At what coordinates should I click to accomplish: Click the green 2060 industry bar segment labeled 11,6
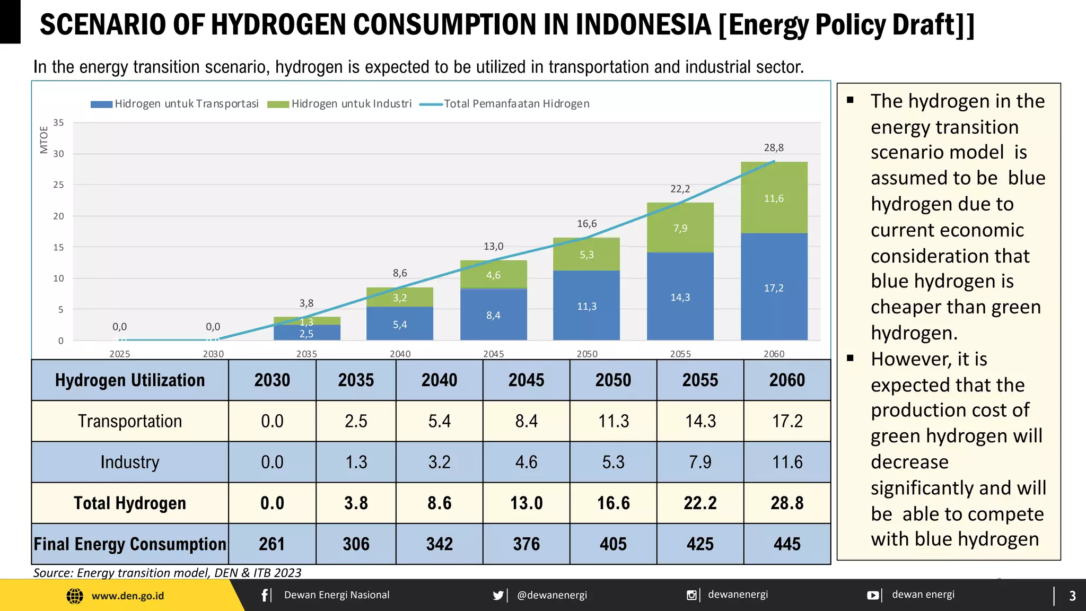pos(774,198)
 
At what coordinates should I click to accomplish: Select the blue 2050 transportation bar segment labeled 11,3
pos(586,306)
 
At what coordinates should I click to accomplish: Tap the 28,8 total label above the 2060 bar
pos(774,147)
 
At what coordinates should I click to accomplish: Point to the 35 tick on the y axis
pos(58,123)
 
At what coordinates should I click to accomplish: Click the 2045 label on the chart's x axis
pos(493,354)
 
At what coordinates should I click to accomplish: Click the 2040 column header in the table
pos(439,380)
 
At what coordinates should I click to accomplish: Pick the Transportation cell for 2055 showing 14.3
pos(700,421)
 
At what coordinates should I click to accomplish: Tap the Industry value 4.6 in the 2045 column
pos(526,462)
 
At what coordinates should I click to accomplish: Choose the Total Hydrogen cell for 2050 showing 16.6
pos(613,503)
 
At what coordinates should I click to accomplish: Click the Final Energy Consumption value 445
pos(787,544)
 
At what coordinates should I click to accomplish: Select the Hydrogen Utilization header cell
pos(130,380)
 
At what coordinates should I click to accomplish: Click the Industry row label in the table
pos(130,462)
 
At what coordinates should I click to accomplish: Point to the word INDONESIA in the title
pos(643,24)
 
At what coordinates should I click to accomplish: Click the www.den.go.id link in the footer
pos(127,596)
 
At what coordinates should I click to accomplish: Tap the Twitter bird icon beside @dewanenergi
pos(498,595)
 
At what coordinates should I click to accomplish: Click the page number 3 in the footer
pos(1072,596)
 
